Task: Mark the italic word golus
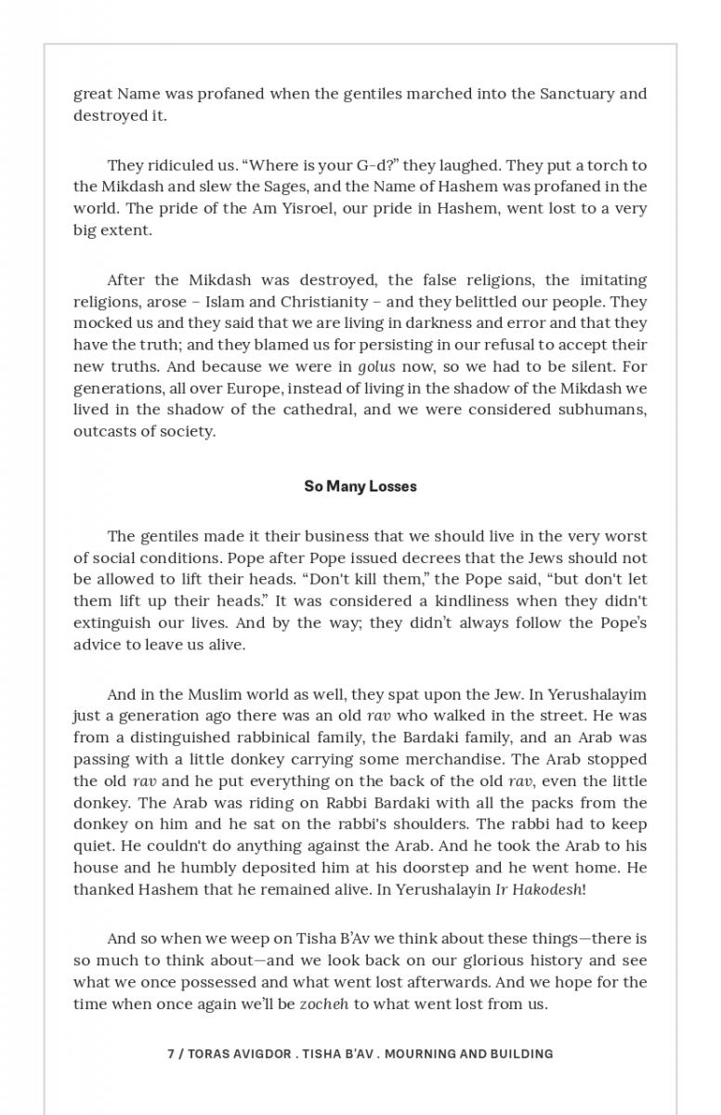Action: point(376,367)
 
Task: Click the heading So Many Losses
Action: point(360,486)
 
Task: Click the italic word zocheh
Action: point(324,1003)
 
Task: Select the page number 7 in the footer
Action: point(171,1054)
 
